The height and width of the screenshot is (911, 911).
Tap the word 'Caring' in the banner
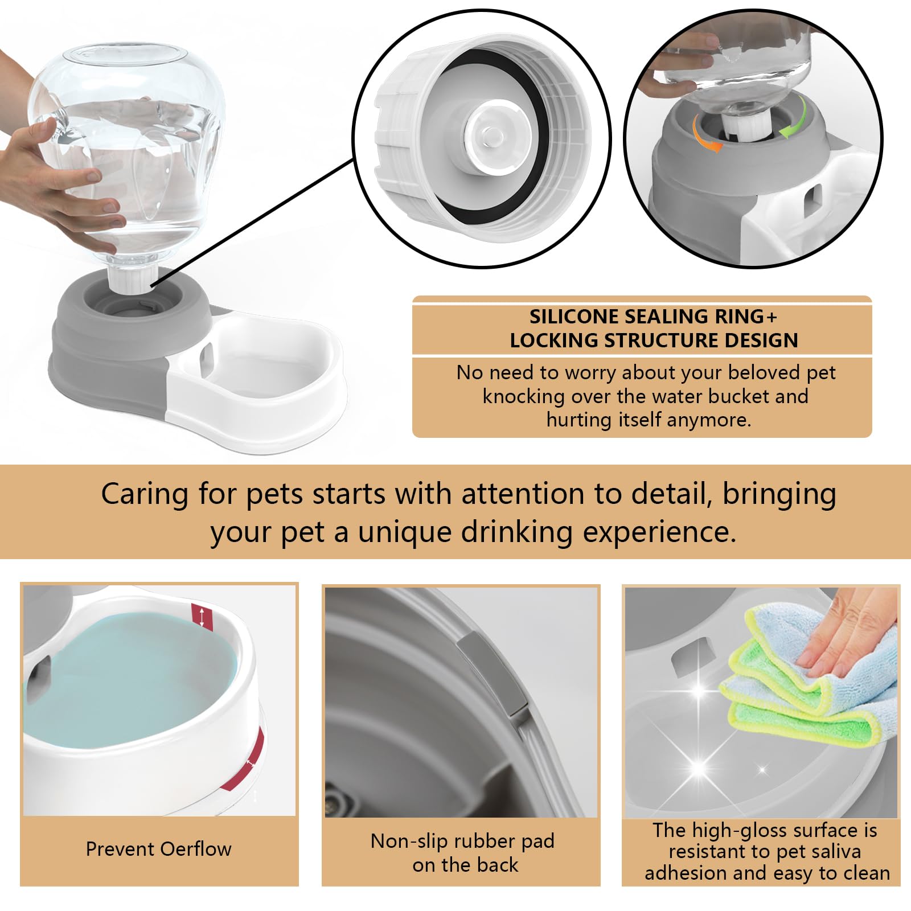(x=145, y=494)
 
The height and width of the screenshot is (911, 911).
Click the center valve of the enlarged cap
(x=492, y=134)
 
